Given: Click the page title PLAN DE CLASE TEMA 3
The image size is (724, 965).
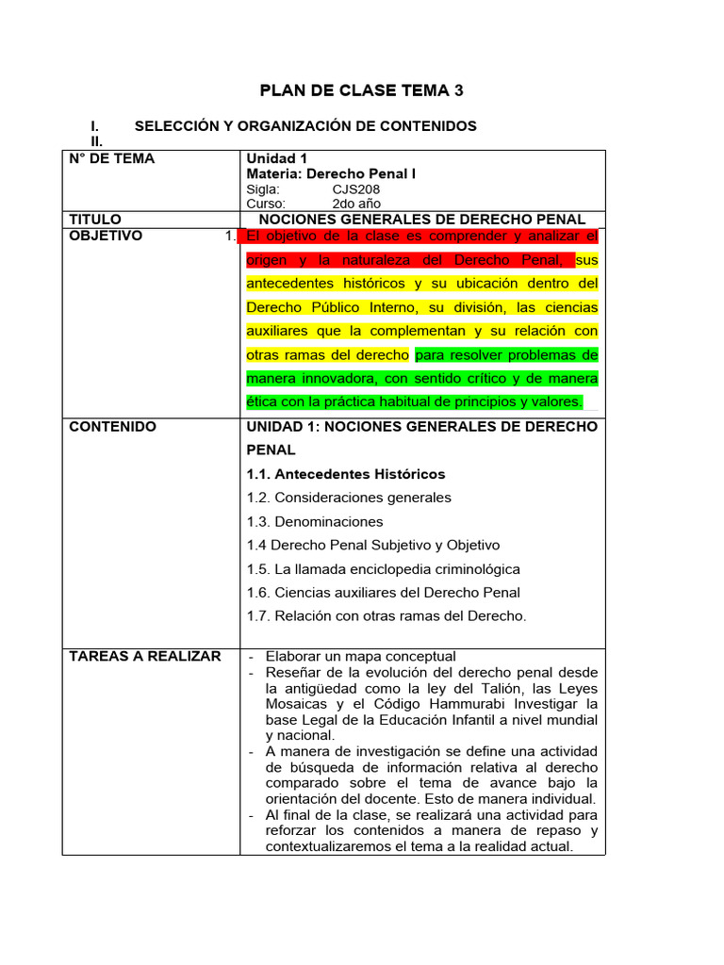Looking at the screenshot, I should tap(362, 90).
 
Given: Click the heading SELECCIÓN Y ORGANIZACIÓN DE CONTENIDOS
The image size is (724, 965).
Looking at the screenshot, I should tap(305, 125).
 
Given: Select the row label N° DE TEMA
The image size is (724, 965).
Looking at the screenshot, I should tap(112, 158).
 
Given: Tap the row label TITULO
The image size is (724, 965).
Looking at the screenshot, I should tap(95, 219).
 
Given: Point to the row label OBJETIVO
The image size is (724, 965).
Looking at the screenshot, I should tap(106, 236).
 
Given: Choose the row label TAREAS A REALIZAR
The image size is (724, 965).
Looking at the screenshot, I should tap(145, 656).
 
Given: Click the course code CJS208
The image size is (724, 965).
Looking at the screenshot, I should tap(356, 188).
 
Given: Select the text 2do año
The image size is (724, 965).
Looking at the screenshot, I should tap(356, 204).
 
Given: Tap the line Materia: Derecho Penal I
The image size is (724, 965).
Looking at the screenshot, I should tap(331, 173).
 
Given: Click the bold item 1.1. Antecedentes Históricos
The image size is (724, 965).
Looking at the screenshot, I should tap(346, 474).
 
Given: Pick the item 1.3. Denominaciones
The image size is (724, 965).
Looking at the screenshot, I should tap(315, 521).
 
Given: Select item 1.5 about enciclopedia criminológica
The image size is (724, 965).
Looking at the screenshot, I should tap(383, 569).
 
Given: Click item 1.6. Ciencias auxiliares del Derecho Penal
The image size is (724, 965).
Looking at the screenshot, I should tap(383, 593).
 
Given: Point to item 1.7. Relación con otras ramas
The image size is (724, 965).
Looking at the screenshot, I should tap(387, 616).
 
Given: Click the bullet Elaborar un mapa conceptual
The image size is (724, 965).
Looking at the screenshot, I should tap(360, 656).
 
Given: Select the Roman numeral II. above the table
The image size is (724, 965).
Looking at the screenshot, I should tap(95, 140).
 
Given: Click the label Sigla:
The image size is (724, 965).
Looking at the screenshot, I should tap(263, 188).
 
